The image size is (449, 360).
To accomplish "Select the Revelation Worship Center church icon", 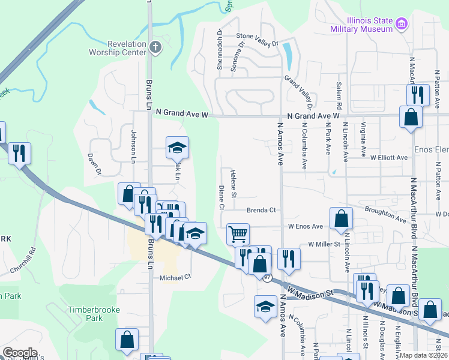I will click(155, 47).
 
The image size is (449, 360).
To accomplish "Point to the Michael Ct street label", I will click(175, 277).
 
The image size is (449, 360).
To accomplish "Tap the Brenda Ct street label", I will click(261, 210).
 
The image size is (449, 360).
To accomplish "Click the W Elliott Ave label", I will click(388, 158).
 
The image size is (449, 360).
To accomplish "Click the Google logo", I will click(20, 353).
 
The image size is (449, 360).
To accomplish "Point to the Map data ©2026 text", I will click(423, 355).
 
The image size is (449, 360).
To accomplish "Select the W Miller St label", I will click(324, 244).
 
